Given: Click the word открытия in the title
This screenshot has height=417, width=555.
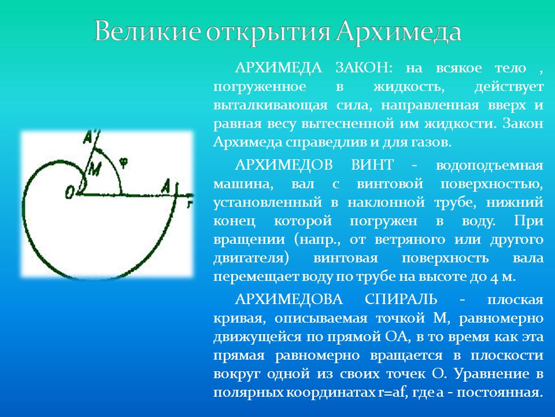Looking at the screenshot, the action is [x=268, y=32].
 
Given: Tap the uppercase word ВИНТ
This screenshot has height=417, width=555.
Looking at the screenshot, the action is [x=372, y=165].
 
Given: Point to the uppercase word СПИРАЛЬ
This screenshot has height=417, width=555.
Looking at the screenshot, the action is [x=401, y=299].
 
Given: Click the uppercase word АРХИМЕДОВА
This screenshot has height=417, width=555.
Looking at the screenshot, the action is [x=288, y=299].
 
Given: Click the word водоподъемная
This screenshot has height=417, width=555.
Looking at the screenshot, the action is [x=490, y=166].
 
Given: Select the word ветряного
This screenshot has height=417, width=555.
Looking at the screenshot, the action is [x=409, y=240].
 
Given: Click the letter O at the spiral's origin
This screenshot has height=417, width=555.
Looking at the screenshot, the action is [x=70, y=192].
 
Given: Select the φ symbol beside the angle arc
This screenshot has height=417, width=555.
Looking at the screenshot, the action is [x=123, y=162].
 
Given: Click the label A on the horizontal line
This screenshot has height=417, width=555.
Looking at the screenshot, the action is [x=166, y=186].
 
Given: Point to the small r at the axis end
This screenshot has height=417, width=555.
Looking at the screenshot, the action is [x=190, y=203].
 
